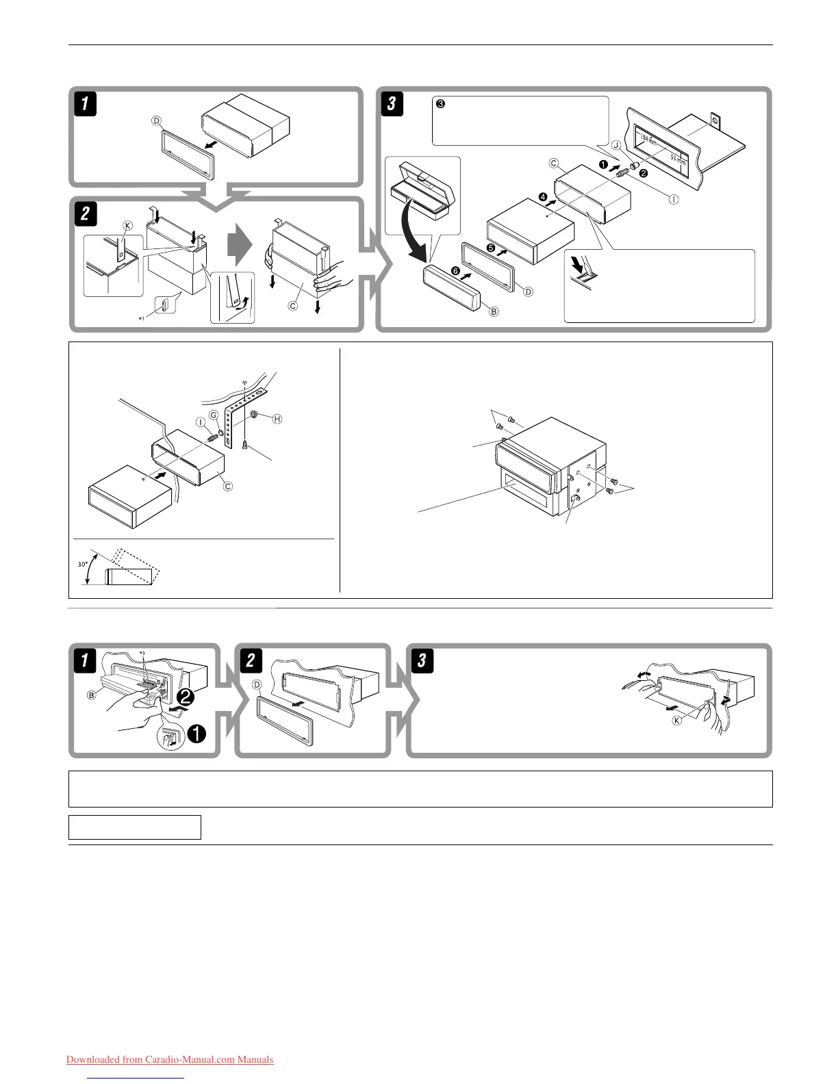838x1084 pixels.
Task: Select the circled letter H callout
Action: coord(277,419)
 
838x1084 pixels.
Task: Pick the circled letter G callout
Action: coord(213,415)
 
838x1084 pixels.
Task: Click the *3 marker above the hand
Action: coord(142,654)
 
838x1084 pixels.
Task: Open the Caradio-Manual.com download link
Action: coord(170,1060)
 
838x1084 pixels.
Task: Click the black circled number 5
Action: coord(490,247)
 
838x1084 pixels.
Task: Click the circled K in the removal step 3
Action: coord(676,721)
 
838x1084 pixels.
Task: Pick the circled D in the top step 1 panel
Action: coord(157,121)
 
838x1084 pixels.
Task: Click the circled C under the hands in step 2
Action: coord(292,306)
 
